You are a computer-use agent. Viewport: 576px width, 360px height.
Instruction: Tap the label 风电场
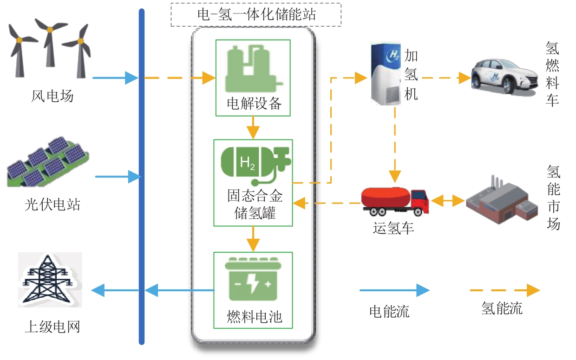(x=52, y=96)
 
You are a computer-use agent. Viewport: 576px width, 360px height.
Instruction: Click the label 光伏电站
(x=52, y=204)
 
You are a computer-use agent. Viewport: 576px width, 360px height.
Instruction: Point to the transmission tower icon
(x=50, y=279)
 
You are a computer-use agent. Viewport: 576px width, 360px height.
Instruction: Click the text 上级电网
(x=52, y=327)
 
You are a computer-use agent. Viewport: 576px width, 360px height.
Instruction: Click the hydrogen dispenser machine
(x=386, y=72)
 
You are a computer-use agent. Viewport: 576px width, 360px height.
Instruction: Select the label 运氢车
(x=393, y=228)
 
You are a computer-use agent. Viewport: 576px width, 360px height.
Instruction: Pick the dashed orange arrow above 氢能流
(x=504, y=291)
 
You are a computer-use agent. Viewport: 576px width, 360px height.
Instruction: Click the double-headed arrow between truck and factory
(x=448, y=201)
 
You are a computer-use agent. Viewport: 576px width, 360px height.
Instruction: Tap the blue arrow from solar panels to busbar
(x=118, y=177)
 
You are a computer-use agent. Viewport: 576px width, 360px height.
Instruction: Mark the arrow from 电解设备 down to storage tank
(x=253, y=127)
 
